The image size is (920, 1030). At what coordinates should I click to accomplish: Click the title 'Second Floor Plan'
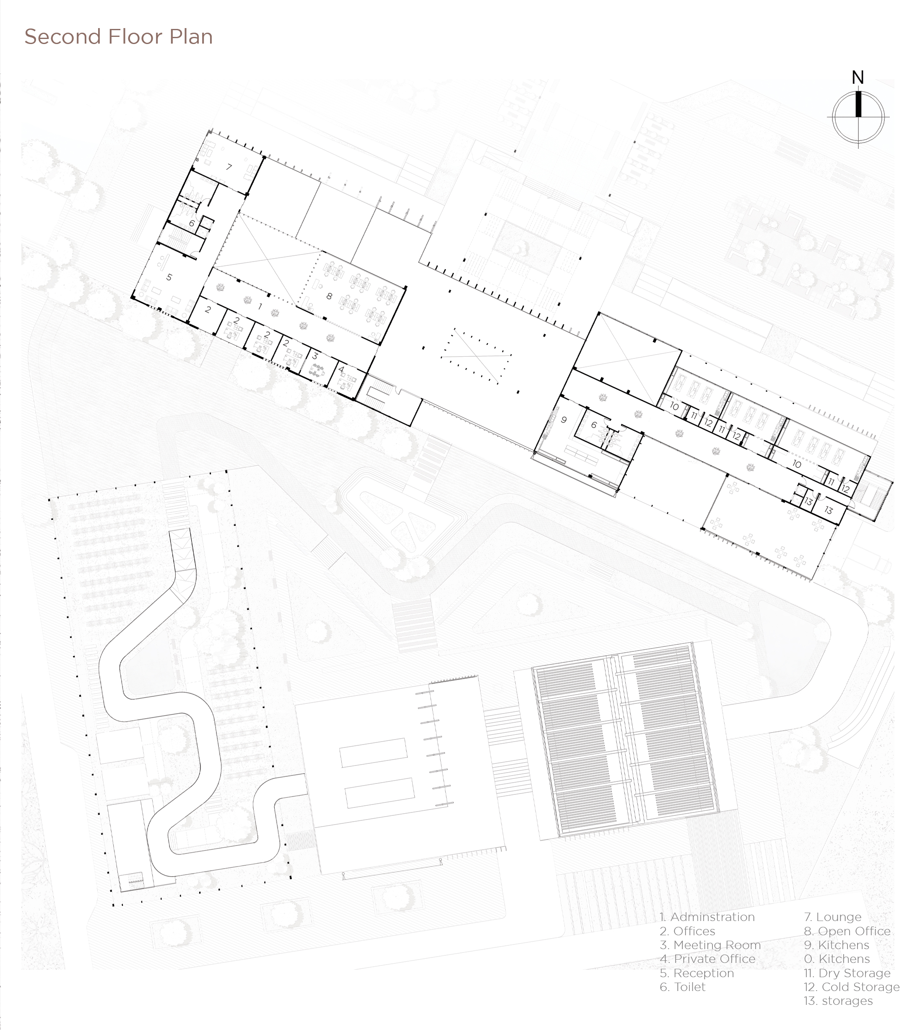click(118, 37)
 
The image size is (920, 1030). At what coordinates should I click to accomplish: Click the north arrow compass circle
click(858, 116)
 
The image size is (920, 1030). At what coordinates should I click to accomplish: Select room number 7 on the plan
click(229, 167)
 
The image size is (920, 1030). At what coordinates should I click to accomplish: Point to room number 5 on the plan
click(169, 277)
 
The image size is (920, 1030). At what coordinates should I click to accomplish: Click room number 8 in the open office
click(329, 296)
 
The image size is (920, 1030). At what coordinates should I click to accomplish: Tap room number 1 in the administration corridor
click(260, 306)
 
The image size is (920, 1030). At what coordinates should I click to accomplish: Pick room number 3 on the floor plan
click(315, 356)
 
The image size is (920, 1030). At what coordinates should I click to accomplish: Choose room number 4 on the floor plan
click(341, 369)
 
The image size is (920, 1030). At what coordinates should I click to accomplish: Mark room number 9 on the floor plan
click(564, 420)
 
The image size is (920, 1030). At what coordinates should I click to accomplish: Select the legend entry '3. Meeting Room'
click(710, 944)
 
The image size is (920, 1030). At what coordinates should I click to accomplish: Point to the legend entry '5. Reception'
click(696, 973)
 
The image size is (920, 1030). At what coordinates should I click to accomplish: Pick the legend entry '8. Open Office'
click(847, 931)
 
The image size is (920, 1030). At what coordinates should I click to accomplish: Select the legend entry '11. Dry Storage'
click(847, 973)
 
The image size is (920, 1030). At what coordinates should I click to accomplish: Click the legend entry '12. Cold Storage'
click(852, 986)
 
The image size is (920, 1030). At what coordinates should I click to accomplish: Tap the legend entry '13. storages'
click(838, 1001)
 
